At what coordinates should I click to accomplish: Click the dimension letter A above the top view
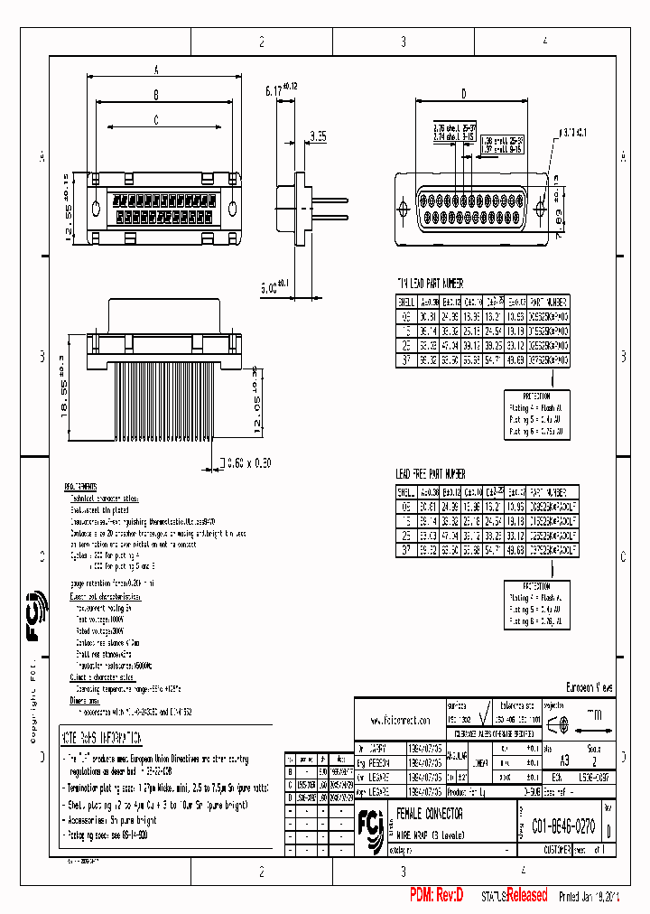click(156, 69)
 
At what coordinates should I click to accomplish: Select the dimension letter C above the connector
click(156, 118)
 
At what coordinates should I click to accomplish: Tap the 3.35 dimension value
click(318, 136)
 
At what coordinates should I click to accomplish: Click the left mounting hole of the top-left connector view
click(96, 210)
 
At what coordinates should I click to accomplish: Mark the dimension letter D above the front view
click(464, 93)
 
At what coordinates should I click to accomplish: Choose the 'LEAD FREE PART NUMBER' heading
click(432, 473)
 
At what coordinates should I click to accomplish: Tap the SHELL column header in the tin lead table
click(406, 302)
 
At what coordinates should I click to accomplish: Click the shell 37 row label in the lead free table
click(406, 548)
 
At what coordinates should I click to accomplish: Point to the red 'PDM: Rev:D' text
click(436, 895)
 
